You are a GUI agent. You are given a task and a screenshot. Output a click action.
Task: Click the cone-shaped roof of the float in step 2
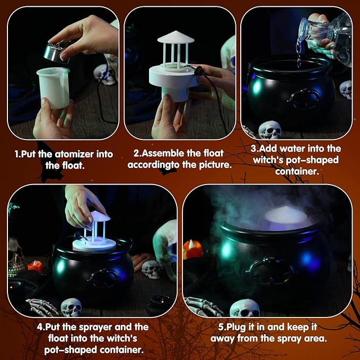(175, 38)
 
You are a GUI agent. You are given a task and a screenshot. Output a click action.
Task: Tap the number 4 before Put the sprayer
(40, 327)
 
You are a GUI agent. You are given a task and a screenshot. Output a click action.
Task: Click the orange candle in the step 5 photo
(192, 248)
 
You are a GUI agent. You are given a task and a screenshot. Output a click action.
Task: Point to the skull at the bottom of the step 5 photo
(244, 308)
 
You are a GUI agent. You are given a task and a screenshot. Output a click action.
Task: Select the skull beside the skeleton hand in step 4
(72, 307)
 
